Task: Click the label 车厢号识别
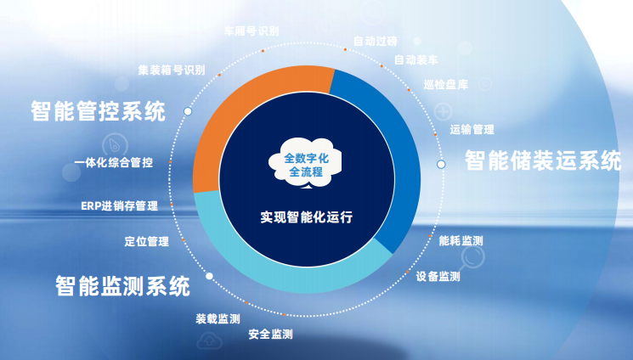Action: [252, 31]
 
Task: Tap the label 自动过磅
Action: [376, 41]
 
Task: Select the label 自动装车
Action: [416, 60]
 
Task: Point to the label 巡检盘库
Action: [446, 85]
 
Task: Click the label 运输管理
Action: [472, 130]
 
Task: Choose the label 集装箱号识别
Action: [172, 70]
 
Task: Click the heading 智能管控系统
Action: [98, 111]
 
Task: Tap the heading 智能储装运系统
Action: [543, 160]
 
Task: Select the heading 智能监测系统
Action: [122, 286]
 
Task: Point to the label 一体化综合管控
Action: [114, 163]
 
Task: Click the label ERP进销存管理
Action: [120, 206]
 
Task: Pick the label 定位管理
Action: [146, 242]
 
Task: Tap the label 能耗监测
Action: [461, 241]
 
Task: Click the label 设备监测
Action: [438, 277]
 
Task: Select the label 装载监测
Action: [218, 319]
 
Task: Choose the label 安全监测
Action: [270, 335]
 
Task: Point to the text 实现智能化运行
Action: [307, 217]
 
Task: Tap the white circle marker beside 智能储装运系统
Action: [441, 164]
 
